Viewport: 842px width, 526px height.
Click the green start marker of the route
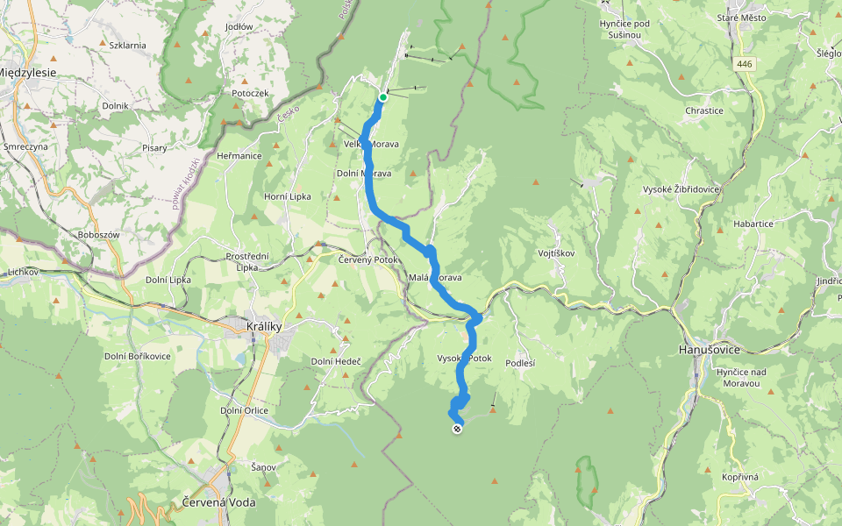pyautogui.click(x=382, y=97)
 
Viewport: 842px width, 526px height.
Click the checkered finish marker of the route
pyautogui.click(x=457, y=429)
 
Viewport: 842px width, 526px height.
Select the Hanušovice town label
pyautogui.click(x=710, y=349)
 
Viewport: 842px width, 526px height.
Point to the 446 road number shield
pyautogui.click(x=745, y=64)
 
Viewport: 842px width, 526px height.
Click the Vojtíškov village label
pyautogui.click(x=555, y=252)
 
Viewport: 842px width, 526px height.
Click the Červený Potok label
pyautogui.click(x=368, y=259)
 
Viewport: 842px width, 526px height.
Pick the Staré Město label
pyautogui.click(x=740, y=18)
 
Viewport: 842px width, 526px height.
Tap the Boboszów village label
pyautogui.click(x=97, y=235)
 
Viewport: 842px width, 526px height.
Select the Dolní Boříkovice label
pyautogui.click(x=138, y=355)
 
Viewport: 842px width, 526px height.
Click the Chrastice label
pyautogui.click(x=705, y=111)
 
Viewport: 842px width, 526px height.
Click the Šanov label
pyautogui.click(x=263, y=467)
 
